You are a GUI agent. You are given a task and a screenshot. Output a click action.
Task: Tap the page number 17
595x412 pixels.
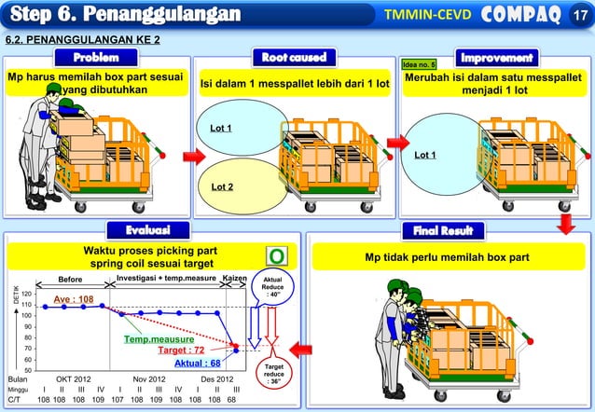pos(579,16)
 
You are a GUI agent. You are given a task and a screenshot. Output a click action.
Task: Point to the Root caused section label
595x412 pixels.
pos(294,58)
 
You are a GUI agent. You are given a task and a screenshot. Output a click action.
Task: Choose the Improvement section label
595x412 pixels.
pos(495,58)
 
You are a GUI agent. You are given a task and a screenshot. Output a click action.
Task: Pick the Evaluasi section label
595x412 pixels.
pos(152,229)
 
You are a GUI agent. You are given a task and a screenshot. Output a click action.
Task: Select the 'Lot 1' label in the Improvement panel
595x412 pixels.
pos(426,155)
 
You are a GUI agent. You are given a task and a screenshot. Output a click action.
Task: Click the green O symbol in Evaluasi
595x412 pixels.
pos(277,256)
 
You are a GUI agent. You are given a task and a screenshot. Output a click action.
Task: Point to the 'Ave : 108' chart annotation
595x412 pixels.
pos(73,299)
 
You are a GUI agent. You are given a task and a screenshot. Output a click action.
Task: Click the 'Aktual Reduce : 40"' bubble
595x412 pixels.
pos(273,286)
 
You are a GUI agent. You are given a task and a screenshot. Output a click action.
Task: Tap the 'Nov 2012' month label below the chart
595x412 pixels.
pos(149,379)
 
